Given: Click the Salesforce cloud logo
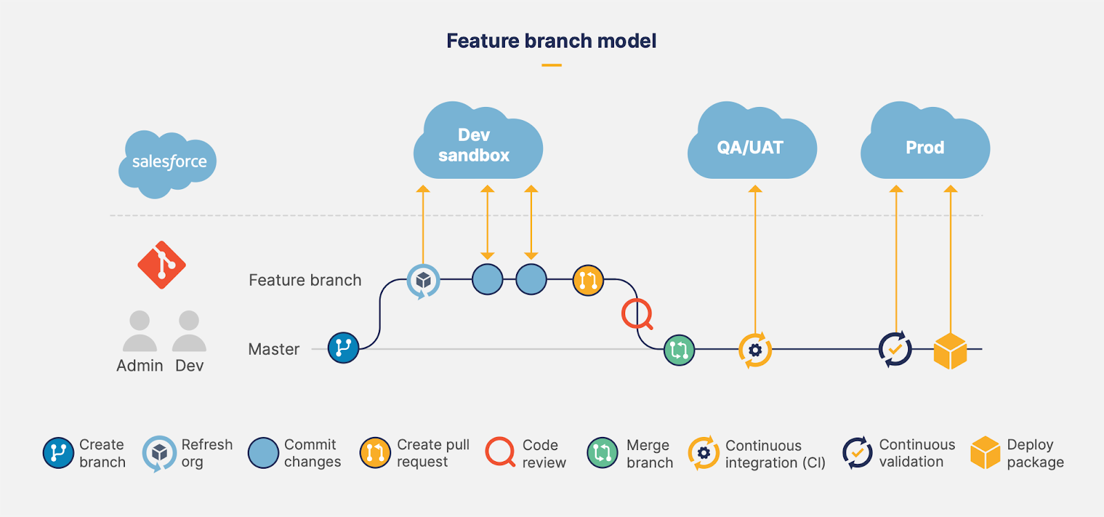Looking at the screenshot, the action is pos(168,164).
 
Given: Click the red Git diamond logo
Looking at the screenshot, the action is pos(161,265).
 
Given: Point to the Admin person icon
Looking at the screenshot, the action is pos(140,331).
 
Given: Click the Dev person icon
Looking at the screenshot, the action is pos(189,331).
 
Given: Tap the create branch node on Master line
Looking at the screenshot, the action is pos(344,348).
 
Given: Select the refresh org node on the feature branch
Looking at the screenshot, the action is pos(424,281).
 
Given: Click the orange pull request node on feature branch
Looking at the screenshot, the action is pos(588,280).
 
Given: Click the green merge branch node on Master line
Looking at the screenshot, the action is pos(679,350).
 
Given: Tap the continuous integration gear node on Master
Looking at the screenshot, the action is pos(755,350).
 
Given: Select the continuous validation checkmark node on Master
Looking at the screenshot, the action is pos(895,349).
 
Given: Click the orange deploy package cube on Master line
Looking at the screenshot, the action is pos(950,351).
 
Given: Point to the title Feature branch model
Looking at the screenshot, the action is pos(551,41).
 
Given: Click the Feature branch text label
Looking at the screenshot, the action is pos(305,280).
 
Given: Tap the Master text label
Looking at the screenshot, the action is pos(274,349).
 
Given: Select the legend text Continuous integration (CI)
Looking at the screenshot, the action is pos(776,454).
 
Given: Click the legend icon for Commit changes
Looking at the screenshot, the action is pos(263,452).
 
